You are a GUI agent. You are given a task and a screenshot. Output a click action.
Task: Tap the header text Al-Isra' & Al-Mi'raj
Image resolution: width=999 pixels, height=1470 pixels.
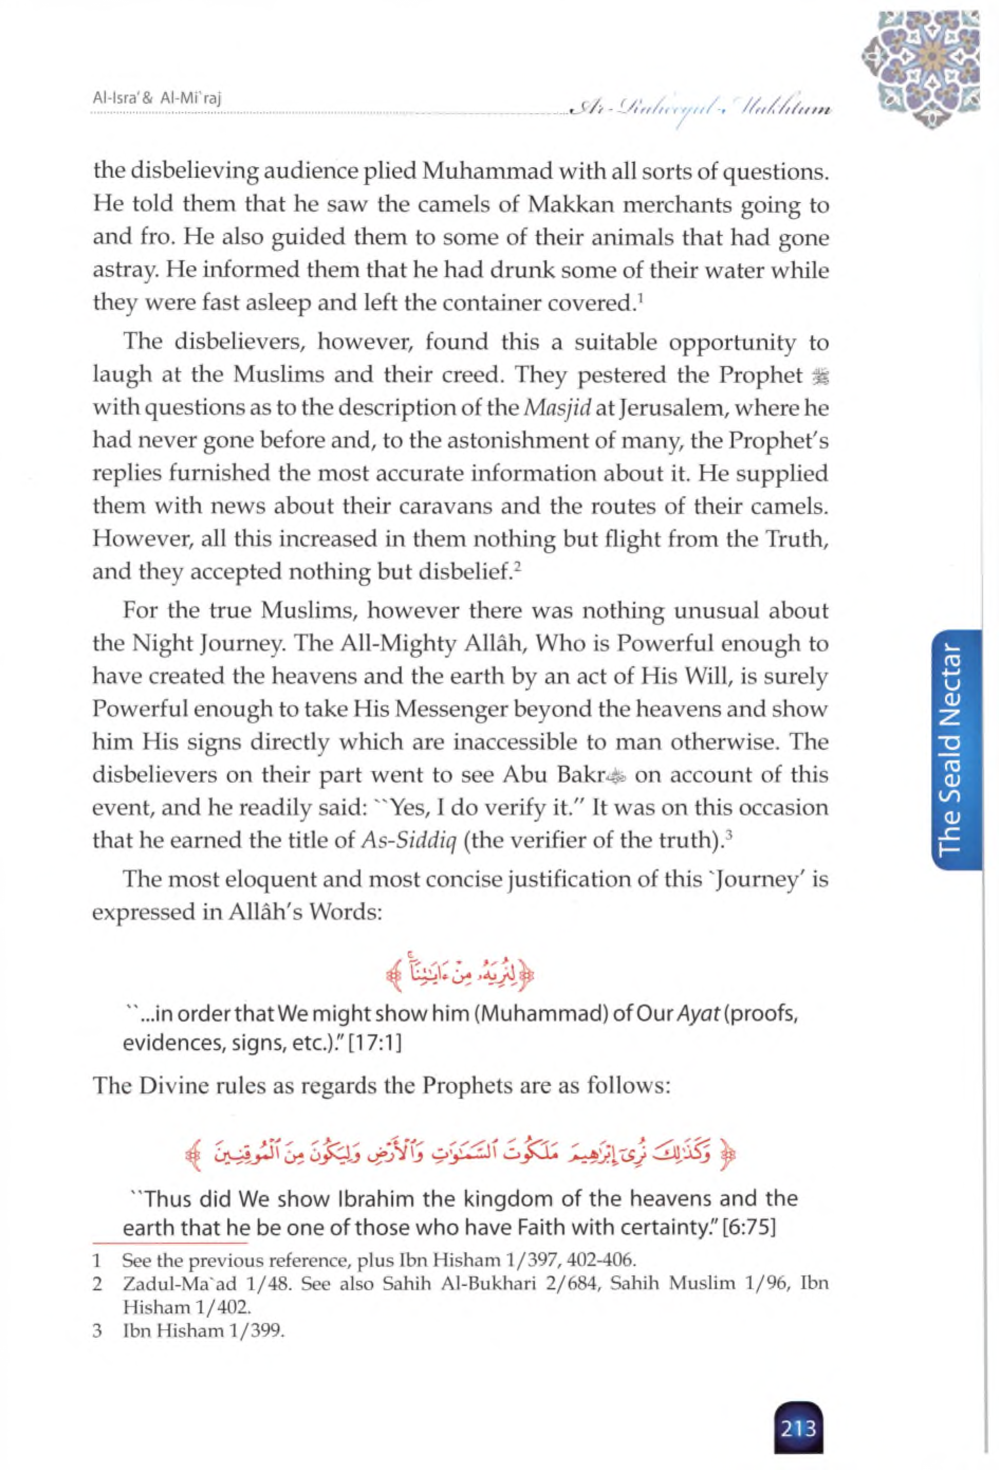coord(159,98)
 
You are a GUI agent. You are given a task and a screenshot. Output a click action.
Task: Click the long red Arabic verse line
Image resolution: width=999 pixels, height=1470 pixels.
coord(461,1156)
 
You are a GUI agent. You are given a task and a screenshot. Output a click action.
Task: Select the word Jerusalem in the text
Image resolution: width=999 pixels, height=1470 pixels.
coord(675,408)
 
